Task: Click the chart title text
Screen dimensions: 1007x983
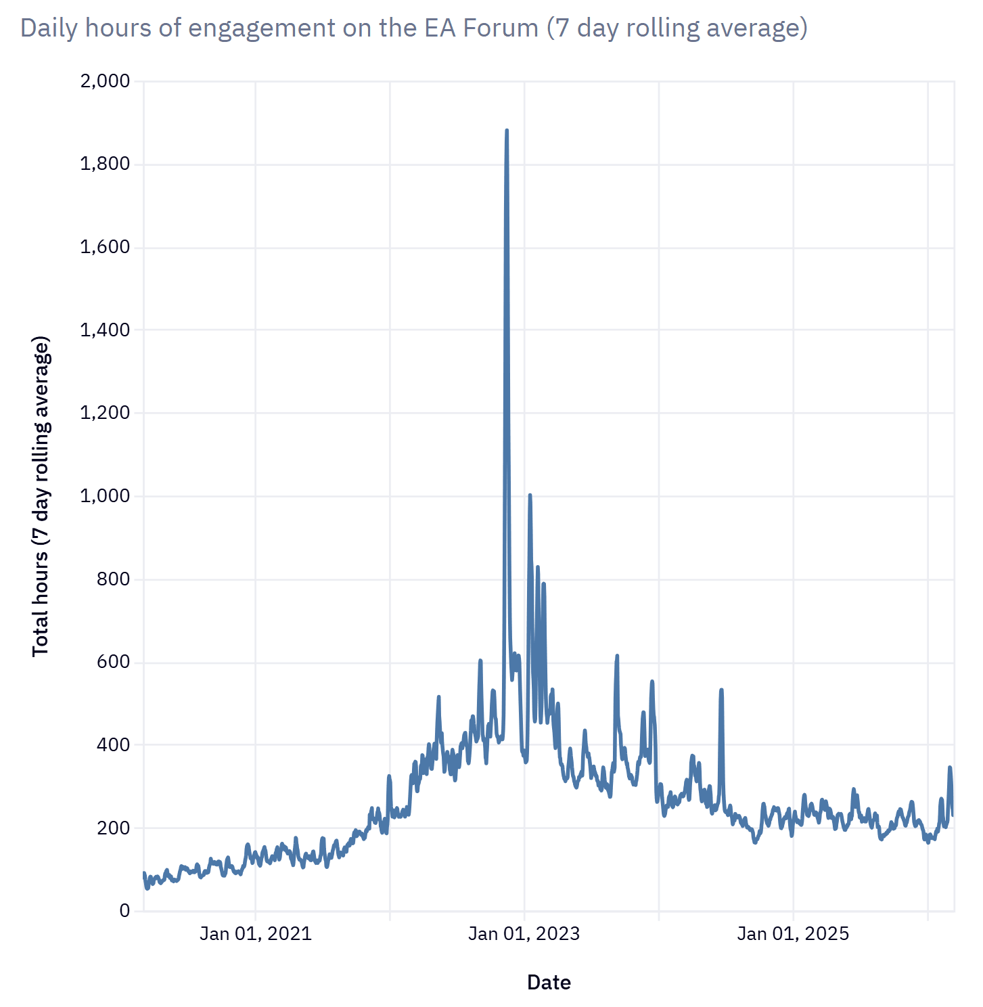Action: pos(414,28)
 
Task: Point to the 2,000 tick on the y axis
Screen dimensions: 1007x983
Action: pos(105,81)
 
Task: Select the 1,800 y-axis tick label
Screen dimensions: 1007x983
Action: pos(105,164)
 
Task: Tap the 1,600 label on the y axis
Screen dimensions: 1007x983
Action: pos(105,247)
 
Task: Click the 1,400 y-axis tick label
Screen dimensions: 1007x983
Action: pos(105,330)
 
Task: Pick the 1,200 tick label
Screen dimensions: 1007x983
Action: pos(105,413)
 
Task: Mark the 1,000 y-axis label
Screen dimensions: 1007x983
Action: pos(105,496)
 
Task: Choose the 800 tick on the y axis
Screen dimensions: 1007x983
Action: pos(114,579)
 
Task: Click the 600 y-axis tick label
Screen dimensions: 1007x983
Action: pos(114,662)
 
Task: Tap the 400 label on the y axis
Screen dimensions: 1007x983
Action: pos(114,745)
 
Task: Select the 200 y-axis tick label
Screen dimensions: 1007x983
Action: pos(114,828)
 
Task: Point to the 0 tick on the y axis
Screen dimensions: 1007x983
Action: pos(124,911)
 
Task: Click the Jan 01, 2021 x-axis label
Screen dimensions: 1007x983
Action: pos(256,934)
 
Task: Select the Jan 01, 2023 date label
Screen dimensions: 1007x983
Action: pos(524,934)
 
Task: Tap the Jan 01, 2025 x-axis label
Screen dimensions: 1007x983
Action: pos(793,934)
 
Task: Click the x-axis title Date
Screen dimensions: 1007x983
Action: pos(549,983)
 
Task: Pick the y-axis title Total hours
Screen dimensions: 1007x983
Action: pos(41,496)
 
